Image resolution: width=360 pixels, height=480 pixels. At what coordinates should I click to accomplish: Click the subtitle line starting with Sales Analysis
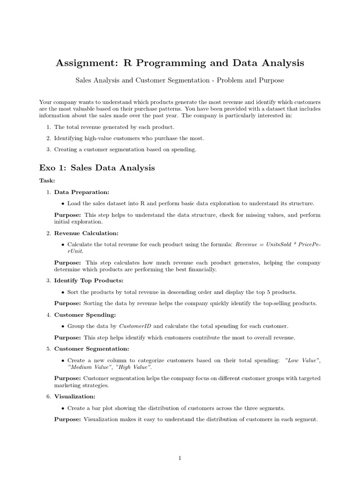coord(180,81)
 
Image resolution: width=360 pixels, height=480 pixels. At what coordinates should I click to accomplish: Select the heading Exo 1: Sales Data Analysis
coord(97,167)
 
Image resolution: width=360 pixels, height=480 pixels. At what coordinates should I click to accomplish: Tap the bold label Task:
coord(47,180)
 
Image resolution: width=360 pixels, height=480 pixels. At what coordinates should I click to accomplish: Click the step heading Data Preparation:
coord(82,192)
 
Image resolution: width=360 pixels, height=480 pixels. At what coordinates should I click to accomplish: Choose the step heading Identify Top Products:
coord(89,280)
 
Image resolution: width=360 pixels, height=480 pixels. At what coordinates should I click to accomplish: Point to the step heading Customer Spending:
coord(85,315)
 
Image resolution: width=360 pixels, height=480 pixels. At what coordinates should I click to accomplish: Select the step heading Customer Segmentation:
coord(91,349)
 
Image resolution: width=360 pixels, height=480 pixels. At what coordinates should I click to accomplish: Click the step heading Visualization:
coord(75,396)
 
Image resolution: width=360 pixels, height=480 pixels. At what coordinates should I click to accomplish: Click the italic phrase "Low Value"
coord(302,360)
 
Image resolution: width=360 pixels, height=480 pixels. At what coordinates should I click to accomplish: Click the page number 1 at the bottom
coord(180,458)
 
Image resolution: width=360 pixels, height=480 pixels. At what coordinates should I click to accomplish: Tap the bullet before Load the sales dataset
coord(63,204)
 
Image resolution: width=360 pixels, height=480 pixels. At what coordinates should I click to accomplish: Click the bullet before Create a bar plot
coord(63,408)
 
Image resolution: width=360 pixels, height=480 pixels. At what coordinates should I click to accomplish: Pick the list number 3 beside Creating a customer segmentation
coord(48,150)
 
